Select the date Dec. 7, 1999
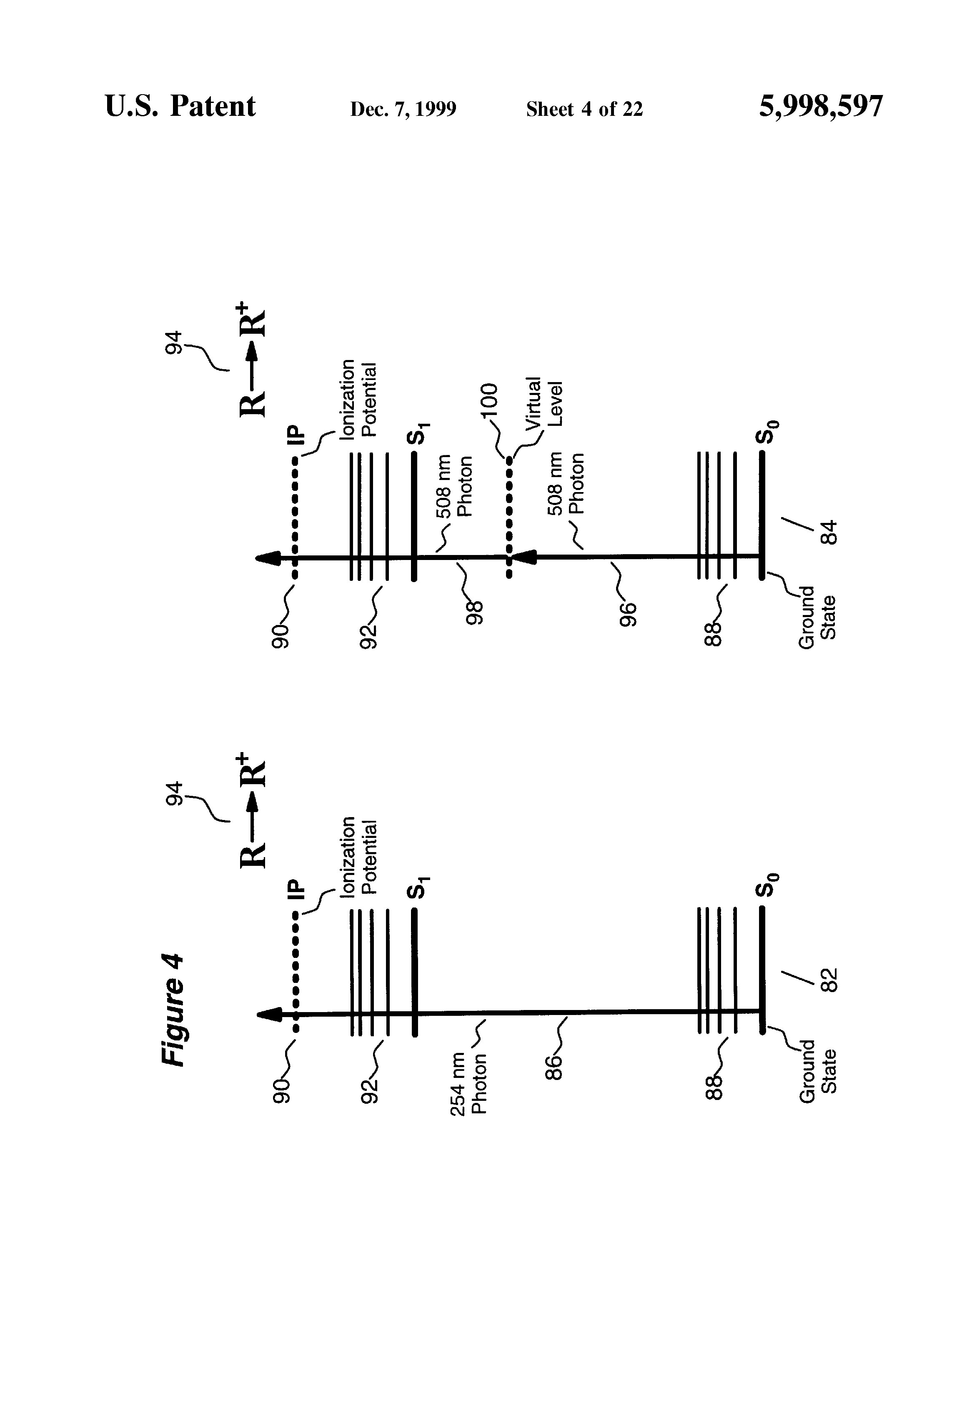coord(403,109)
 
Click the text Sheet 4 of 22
coord(584,109)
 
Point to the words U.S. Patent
coord(180,106)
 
